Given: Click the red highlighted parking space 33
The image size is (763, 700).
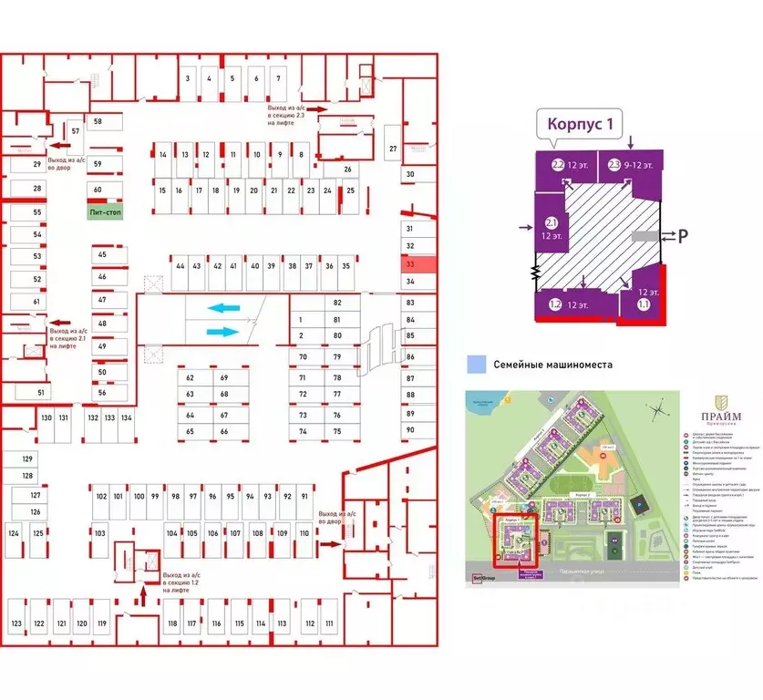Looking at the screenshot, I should pyautogui.click(x=410, y=264).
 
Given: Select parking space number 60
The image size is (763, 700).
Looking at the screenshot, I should pyautogui.click(x=97, y=189).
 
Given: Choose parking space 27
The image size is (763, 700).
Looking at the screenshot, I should pyautogui.click(x=393, y=149).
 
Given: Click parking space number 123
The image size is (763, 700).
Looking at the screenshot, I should pyautogui.click(x=16, y=623).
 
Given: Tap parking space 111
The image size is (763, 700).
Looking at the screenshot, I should pyautogui.click(x=329, y=623).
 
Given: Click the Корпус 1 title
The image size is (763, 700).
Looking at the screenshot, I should pyautogui.click(x=592, y=125).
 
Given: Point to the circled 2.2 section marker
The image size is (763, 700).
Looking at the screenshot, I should pyautogui.click(x=558, y=166).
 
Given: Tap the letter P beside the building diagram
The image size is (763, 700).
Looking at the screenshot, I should pyautogui.click(x=681, y=236).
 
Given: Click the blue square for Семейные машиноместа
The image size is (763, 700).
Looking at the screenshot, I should pyautogui.click(x=474, y=365).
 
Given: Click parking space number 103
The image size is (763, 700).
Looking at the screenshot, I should pyautogui.click(x=100, y=532).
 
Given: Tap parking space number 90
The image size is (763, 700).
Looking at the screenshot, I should pyautogui.click(x=410, y=429).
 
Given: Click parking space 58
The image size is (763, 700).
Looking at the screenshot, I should pyautogui.click(x=97, y=121).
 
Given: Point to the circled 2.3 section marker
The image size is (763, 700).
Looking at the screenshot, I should pyautogui.click(x=614, y=165).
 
